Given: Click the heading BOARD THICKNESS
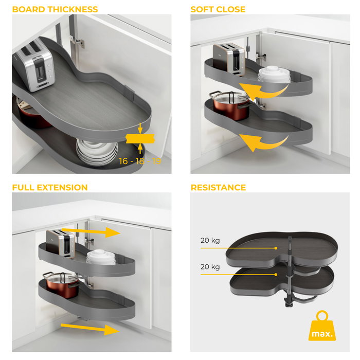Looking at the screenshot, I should (x=55, y=9).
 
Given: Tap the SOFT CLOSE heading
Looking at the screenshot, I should (x=218, y=9).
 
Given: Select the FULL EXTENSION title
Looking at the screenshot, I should (x=50, y=187).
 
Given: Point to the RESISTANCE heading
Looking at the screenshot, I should (x=218, y=187).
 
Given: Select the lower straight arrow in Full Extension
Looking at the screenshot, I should (x=90, y=328).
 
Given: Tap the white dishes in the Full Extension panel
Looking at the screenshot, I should (x=100, y=256).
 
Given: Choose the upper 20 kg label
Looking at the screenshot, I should (x=210, y=240).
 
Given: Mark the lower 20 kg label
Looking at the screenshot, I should (x=210, y=267).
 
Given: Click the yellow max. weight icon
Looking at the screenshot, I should (x=320, y=328).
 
